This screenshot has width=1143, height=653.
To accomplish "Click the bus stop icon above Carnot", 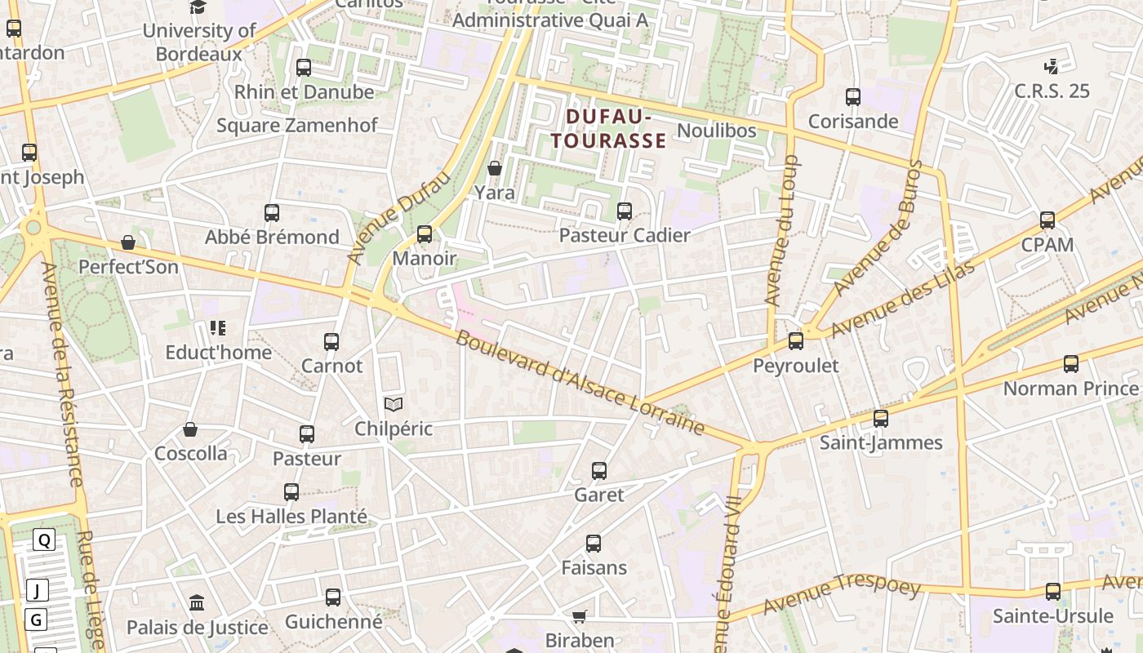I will [331, 342].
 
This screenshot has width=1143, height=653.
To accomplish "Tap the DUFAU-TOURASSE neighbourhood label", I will [609, 129].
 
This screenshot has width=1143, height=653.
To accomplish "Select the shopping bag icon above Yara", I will [494, 169].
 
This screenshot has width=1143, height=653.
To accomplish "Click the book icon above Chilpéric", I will [393, 404].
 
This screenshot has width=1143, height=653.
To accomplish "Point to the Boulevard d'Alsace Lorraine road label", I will [580, 383].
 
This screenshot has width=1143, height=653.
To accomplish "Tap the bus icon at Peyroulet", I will [795, 341].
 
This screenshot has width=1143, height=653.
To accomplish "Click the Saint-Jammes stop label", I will [881, 443].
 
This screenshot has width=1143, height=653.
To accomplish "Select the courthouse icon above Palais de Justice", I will [197, 603].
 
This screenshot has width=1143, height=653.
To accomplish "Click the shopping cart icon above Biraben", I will [579, 616].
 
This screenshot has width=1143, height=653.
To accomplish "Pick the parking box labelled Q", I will [44, 540].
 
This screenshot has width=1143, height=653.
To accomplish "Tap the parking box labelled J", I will [37, 590].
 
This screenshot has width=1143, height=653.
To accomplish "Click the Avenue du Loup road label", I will [781, 231].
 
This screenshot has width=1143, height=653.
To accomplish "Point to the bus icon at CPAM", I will [1047, 220].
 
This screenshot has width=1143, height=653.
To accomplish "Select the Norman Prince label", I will [1070, 389].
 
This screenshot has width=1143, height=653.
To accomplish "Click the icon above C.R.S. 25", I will [1051, 67].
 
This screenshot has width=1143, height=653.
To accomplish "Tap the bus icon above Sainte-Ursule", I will [1053, 592].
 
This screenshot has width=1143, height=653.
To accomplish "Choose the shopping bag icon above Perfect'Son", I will [128, 243].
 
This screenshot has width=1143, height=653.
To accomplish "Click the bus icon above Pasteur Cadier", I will [625, 211].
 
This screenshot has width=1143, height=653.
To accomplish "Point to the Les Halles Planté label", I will [291, 517].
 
